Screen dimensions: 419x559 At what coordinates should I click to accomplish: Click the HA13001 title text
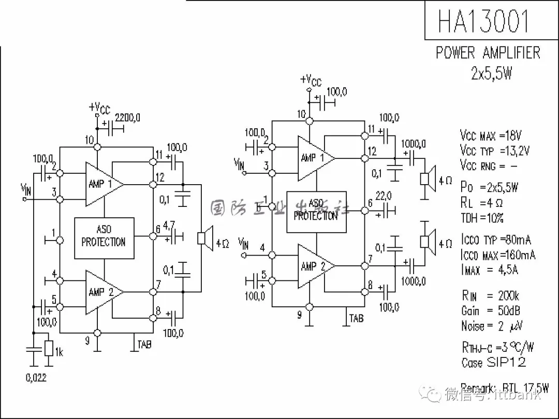pos(483,21)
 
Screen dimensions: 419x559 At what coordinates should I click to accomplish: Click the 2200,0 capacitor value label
pos(127,117)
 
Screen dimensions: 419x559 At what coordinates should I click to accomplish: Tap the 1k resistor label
pos(59,353)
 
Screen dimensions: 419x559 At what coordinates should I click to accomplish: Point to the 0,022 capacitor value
pos(36,378)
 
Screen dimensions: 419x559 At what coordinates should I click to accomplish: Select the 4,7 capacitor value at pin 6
pos(169,226)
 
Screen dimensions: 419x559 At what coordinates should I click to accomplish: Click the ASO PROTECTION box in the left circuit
pos(104,238)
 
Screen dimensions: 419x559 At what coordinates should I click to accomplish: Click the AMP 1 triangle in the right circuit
pos(314,158)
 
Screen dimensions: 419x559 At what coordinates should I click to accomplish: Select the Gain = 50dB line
pos(491,310)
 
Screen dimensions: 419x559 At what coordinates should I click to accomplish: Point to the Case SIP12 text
pos(493,362)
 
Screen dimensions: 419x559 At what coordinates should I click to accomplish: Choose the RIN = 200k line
pos(490,295)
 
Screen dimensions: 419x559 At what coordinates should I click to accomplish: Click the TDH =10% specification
pos(482,218)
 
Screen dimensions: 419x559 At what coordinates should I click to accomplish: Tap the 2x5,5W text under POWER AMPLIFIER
pos(491,73)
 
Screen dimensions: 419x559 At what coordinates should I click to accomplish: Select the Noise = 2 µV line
pos(492,326)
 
